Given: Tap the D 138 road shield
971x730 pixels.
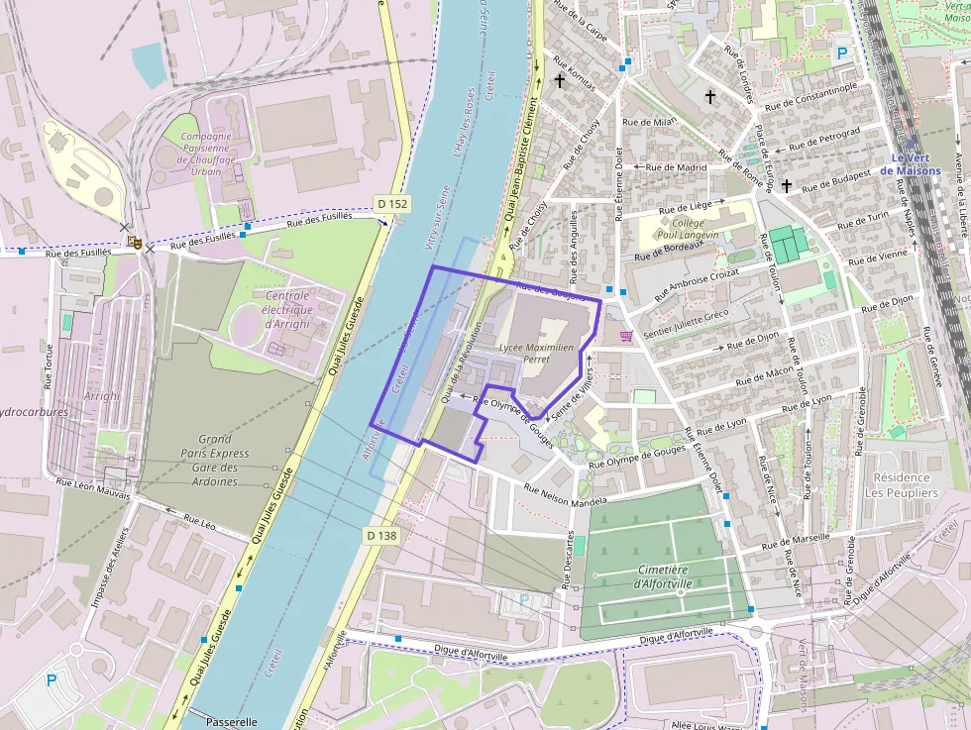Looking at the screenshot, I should point(381,536).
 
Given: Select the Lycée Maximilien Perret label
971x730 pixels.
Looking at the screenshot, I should point(537,354).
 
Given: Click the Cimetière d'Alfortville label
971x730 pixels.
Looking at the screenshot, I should point(663,576).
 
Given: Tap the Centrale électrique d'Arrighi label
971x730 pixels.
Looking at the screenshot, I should point(281,310).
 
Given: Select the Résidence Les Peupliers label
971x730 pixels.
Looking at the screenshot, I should point(901,484).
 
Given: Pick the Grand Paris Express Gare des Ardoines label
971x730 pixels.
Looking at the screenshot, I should point(215,460).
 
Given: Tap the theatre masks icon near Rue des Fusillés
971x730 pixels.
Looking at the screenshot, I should point(135,241).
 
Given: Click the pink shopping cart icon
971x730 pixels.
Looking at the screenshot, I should point(626,337).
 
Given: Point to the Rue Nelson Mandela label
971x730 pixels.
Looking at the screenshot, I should point(565,496).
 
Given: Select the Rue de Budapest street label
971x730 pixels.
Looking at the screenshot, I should point(835,179).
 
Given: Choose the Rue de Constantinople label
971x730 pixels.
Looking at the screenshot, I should point(810,95).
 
